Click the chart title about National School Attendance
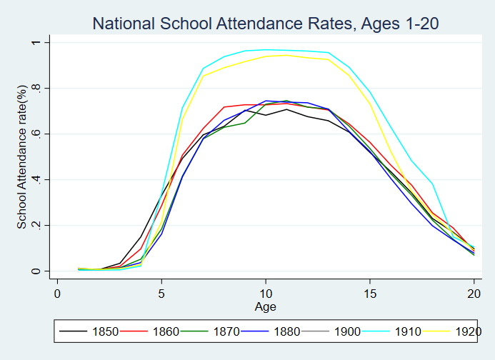click(265, 24)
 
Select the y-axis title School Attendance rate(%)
click(22, 156)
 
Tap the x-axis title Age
click(265, 306)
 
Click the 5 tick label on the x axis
click(161, 293)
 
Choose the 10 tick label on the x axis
click(266, 293)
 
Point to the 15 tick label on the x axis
click(370, 293)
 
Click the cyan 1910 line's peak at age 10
click(266, 50)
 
